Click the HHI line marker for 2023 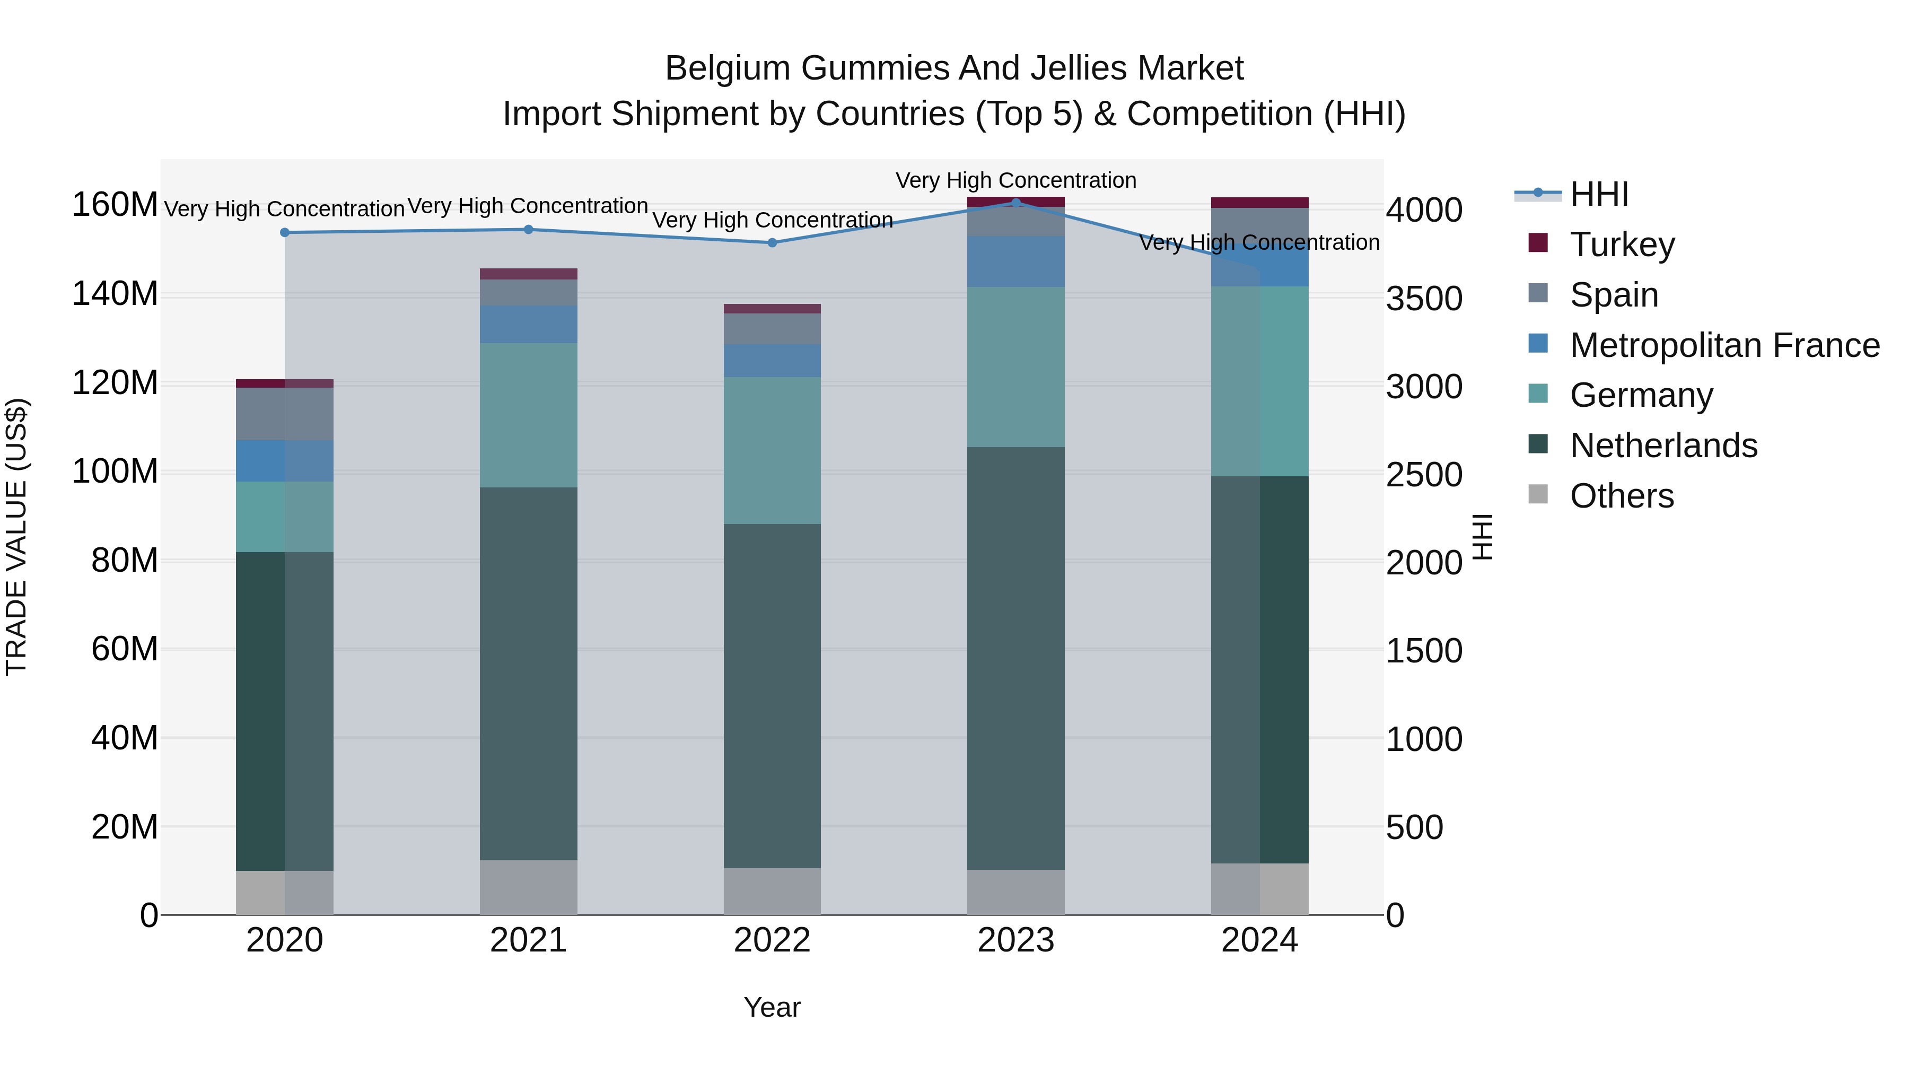click(x=1015, y=203)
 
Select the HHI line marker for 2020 click(x=285, y=233)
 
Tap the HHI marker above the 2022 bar click(x=772, y=243)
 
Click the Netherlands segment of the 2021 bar click(x=528, y=673)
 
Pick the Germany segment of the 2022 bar click(x=772, y=451)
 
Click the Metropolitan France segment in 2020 click(x=285, y=461)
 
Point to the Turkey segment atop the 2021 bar click(x=528, y=274)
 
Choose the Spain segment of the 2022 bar click(x=772, y=329)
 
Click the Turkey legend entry click(x=1622, y=245)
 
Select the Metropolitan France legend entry click(x=1724, y=345)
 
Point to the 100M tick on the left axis click(x=115, y=471)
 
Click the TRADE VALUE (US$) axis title click(x=16, y=537)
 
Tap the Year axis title click(x=772, y=1007)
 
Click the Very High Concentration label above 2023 click(x=1015, y=180)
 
